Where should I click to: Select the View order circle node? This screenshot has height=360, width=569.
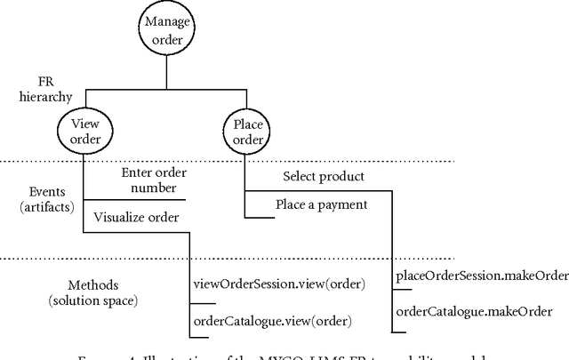point(84,132)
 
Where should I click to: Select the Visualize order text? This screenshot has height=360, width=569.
point(133,215)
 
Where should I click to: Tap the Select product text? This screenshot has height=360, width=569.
point(324,176)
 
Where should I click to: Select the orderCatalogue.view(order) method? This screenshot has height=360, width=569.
point(273,319)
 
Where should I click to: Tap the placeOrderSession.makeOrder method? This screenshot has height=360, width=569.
point(481,276)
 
